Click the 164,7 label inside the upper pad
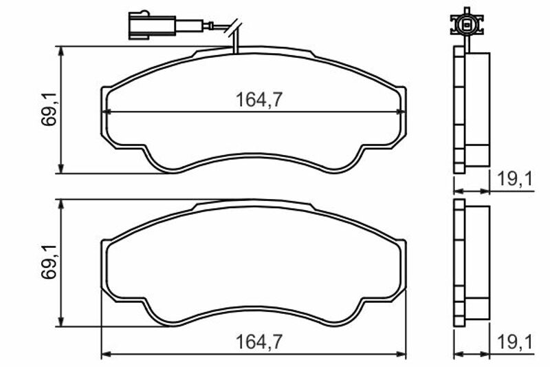pos(259,100)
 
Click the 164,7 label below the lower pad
pos(259,342)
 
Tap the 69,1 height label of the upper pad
pos(49,109)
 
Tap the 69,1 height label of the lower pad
pos(49,262)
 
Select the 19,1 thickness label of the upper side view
pos(515,179)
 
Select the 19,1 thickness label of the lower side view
pos(515,342)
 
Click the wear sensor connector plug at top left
pos(152,25)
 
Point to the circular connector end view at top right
pos(467,25)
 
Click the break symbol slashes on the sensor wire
pos(234,28)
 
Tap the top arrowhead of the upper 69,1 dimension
pos(61,50)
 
